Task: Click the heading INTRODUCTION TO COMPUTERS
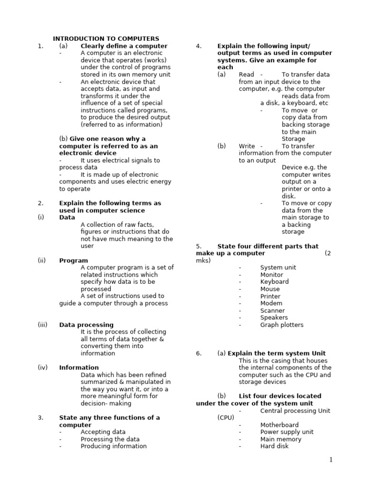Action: pos(106,38)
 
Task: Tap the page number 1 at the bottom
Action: pos(331,460)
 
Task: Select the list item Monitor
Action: pos(271,275)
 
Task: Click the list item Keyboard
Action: pos(274,282)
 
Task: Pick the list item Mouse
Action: pos(270,289)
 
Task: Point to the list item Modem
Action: pos(271,303)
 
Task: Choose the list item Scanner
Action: pos(272,311)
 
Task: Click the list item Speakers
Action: pos(274,318)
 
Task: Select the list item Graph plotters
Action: pos(281,325)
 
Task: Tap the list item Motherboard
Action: pos(279,425)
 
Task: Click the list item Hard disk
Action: pos(274,446)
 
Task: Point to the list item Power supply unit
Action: pos(287,432)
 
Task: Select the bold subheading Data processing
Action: pos(86,325)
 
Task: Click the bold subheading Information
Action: pos(79,368)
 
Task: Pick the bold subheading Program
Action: pos(74,261)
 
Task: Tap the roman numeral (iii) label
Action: pos(43,325)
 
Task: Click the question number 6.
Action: pos(199,354)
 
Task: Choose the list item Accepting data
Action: pos(103,432)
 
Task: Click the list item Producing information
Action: pos(114,446)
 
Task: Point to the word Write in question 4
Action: pos(247,146)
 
